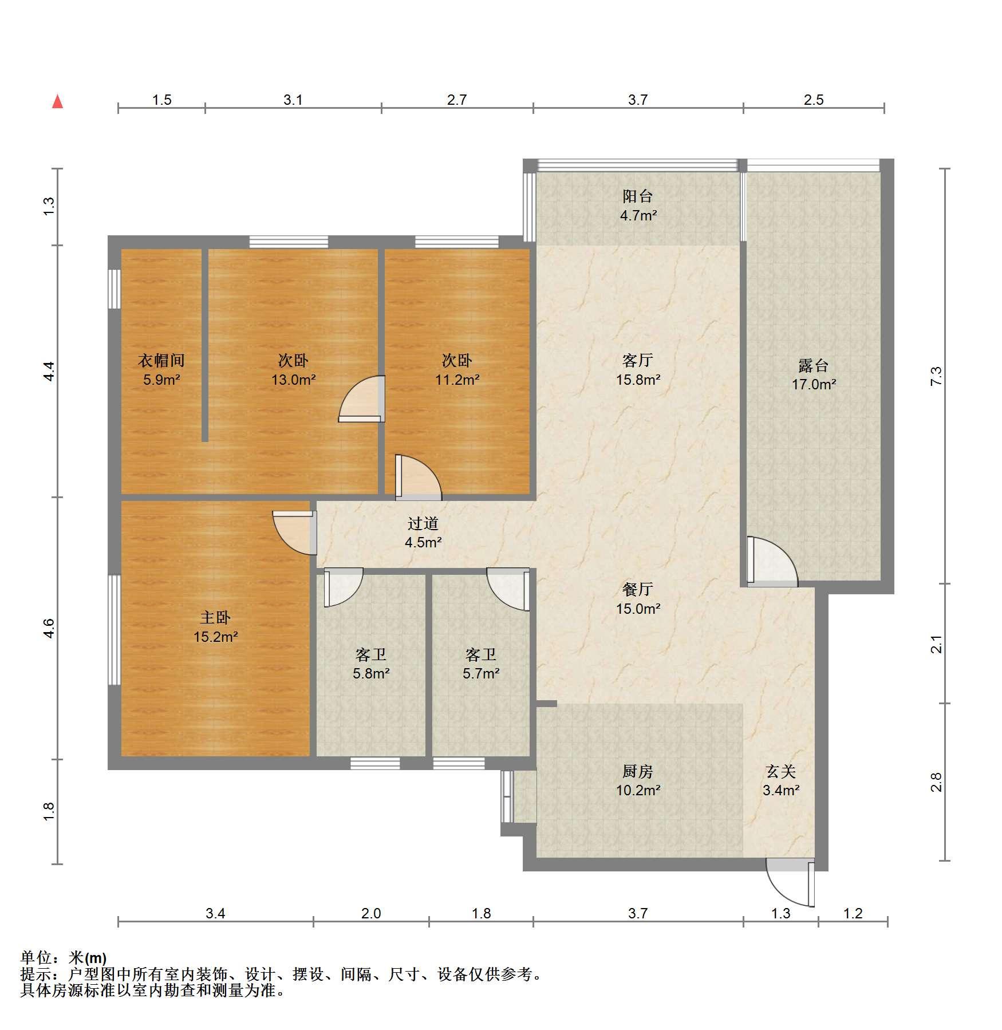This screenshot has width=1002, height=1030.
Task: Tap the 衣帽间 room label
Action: click(x=161, y=360)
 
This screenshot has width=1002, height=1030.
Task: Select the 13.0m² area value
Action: click(x=294, y=379)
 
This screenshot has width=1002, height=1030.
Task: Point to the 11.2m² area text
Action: click(x=457, y=379)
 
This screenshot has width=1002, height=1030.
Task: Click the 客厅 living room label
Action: click(x=638, y=360)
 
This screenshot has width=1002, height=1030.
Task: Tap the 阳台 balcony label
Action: click(x=638, y=196)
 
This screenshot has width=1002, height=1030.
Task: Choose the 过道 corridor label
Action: click(x=423, y=523)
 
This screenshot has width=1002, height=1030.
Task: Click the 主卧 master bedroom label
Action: click(x=215, y=617)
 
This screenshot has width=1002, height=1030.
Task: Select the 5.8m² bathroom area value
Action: click(x=371, y=673)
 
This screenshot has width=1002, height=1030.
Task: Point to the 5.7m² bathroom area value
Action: click(x=481, y=673)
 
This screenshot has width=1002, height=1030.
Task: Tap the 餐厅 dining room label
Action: click(x=638, y=589)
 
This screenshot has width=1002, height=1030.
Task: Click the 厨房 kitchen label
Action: click(x=638, y=772)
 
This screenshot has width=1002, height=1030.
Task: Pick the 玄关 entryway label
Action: click(x=781, y=772)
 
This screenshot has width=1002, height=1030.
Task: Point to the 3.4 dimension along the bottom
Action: click(x=215, y=913)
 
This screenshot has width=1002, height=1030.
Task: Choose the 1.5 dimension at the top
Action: click(x=161, y=100)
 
